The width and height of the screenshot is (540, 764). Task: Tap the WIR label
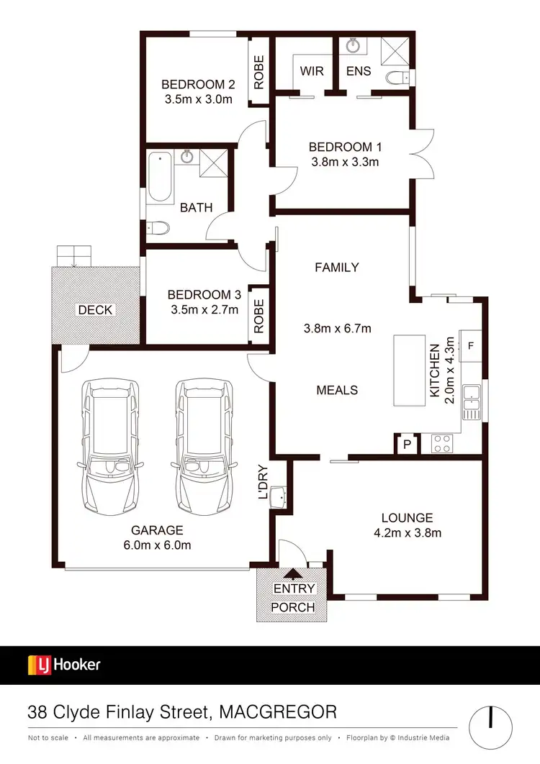[312, 71]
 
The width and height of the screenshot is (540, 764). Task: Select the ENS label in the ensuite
[358, 71]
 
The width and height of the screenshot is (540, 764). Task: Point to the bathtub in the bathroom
[160, 178]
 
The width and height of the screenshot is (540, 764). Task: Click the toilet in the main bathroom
[158, 229]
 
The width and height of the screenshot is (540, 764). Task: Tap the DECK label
[95, 310]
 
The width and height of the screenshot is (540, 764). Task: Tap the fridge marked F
[471, 345]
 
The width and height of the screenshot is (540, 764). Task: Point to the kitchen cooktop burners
[441, 444]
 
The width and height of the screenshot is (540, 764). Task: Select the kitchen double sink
[472, 402]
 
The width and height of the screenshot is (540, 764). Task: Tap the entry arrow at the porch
[293, 573]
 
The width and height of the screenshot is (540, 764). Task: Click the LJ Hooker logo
[64, 665]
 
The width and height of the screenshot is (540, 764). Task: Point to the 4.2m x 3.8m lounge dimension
[408, 533]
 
